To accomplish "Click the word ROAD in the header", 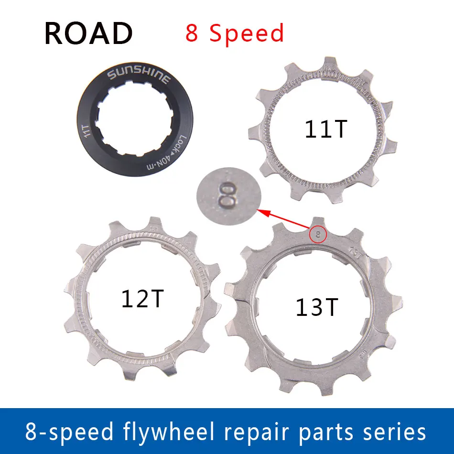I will click(x=88, y=33).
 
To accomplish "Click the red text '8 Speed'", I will click(x=235, y=33).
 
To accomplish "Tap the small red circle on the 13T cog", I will click(x=318, y=234).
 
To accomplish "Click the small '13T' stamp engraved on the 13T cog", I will click(x=355, y=250).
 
